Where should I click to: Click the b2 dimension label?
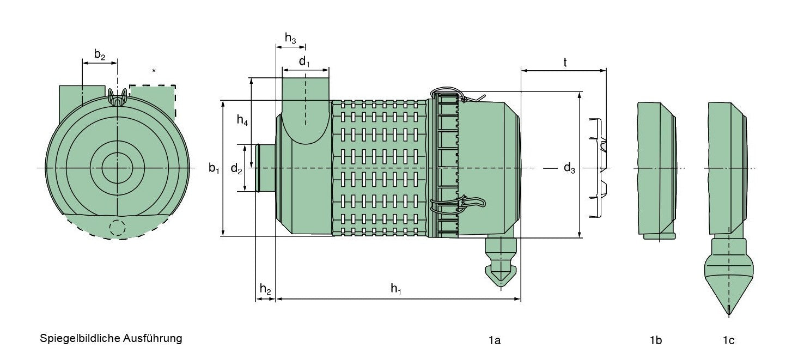coord(99,54)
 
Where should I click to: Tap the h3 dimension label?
coord(290,38)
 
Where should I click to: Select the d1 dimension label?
coord(304,62)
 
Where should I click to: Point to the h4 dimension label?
coord(242,121)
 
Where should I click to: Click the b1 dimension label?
coord(214,168)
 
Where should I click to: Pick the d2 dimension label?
coord(236,169)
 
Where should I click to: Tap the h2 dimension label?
coord(265,289)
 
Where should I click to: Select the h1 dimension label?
coord(396,289)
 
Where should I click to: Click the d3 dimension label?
coord(569,168)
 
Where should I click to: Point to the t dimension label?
coord(565,63)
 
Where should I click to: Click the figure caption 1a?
coord(494,340)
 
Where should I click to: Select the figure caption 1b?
coord(656,340)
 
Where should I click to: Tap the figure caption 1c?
coord(728,340)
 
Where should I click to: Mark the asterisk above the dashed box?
coord(154,71)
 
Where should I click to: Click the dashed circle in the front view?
coord(117,228)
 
